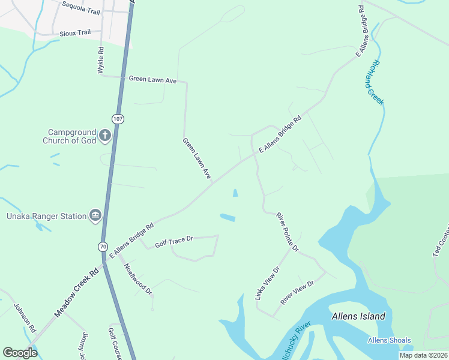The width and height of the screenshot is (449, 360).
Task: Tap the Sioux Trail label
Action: click(x=75, y=33)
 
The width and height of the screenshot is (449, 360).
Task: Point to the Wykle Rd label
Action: click(x=101, y=61)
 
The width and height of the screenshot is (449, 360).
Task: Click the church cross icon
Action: click(x=105, y=135)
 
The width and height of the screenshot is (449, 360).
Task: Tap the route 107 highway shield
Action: click(x=118, y=119)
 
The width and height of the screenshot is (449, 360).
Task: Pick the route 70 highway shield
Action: click(x=103, y=246)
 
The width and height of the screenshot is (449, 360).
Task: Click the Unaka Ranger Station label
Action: click(x=44, y=216)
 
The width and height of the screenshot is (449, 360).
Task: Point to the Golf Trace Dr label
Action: click(x=173, y=241)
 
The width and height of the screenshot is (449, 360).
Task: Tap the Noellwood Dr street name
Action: click(x=138, y=279)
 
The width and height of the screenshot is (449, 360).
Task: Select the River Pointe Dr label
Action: click(x=288, y=232)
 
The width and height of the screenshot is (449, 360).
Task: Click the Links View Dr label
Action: click(x=267, y=283)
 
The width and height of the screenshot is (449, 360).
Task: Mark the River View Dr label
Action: click(x=297, y=292)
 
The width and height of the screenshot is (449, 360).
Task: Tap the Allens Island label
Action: click(x=358, y=316)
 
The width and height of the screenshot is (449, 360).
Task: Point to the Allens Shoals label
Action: click(x=389, y=341)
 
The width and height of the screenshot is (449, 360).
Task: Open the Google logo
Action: click(x=20, y=352)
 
